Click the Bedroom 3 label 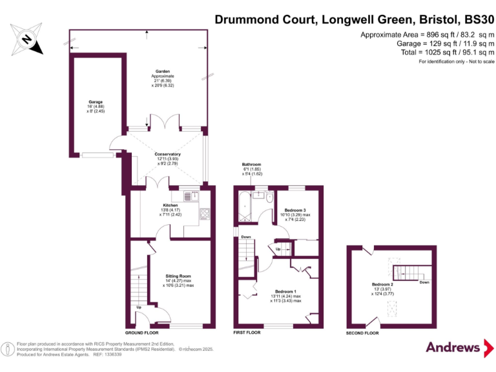click(x=297, y=210)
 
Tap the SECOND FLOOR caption click(x=363, y=333)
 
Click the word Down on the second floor click(x=424, y=282)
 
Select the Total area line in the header click(x=433, y=53)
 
